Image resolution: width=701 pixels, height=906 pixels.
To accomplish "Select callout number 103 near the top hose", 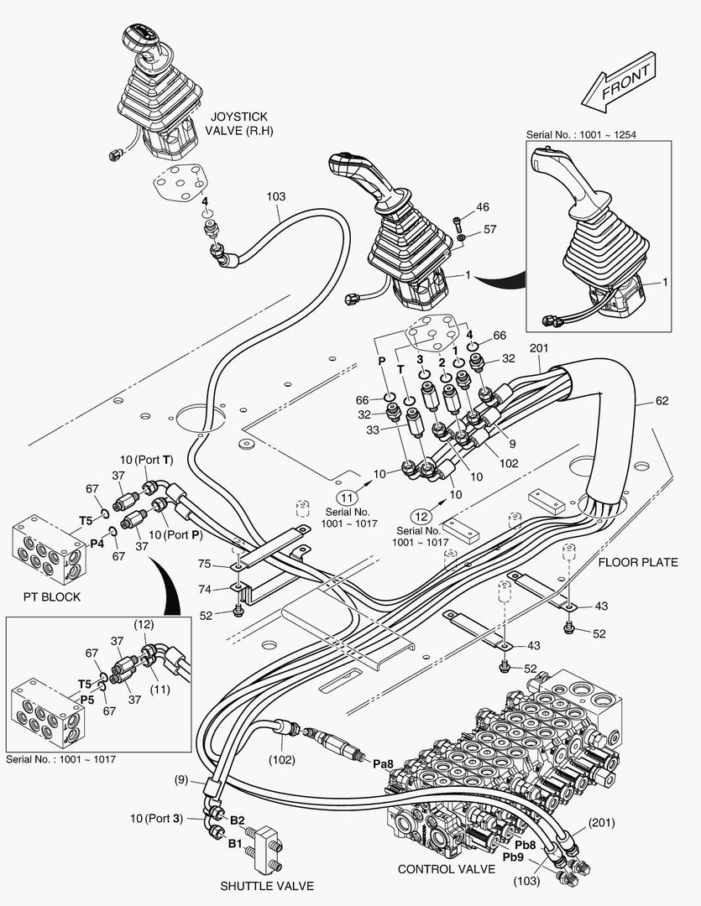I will [276, 196].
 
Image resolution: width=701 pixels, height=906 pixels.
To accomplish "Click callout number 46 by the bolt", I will [482, 207].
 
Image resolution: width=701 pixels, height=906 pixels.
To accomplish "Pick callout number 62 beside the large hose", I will [662, 401].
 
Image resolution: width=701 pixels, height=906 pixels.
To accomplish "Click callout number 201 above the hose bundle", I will [538, 348].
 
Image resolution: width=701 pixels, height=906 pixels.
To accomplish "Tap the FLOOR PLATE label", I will [638, 562].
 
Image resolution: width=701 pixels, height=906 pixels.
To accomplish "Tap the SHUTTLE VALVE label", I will [267, 886].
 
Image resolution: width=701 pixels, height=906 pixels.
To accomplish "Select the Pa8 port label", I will [383, 763].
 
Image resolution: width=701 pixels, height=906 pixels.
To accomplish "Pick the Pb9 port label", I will [514, 857].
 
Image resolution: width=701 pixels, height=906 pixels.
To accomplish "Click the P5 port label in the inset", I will [86, 698].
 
